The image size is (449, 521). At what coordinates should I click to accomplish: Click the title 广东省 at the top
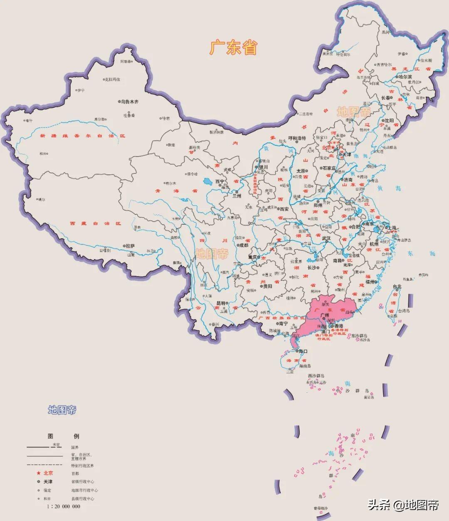pos(233,48)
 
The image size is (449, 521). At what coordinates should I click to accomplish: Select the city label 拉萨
pos(130,246)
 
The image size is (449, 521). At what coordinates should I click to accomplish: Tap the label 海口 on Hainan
pos(303,352)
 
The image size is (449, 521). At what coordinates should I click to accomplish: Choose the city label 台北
pos(397,287)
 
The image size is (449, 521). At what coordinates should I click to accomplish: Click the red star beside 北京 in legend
pos(38,473)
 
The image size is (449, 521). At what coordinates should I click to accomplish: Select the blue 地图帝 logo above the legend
pos(62,410)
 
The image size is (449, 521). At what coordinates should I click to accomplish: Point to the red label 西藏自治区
pos(95,223)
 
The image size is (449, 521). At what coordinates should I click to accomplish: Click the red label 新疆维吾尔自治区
pos(82,136)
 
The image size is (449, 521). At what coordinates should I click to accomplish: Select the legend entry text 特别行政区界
pos(82,466)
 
